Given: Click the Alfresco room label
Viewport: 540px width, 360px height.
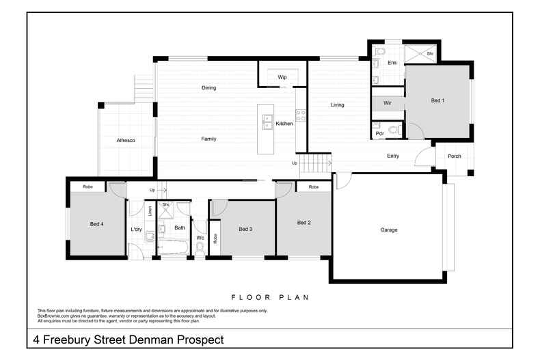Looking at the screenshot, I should (126, 140).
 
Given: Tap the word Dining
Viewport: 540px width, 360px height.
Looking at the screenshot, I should (208, 88).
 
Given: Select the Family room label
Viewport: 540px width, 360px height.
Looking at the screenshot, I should (208, 139).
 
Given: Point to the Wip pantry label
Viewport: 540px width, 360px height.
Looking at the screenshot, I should (282, 77).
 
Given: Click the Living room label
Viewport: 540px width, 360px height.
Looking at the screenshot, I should (337, 105).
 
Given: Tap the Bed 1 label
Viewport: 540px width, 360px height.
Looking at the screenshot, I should (437, 100).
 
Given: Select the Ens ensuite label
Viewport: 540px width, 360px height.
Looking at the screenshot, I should (392, 63).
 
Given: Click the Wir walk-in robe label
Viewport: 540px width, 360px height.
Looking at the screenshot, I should (387, 102).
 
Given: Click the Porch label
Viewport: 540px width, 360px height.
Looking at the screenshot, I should (454, 156).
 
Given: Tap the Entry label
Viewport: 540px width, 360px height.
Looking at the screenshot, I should (392, 156).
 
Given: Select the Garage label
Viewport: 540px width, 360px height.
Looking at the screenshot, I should (388, 230).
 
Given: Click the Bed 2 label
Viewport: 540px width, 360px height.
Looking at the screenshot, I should (304, 223).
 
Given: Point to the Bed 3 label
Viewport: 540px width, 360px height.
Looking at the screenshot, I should (245, 229).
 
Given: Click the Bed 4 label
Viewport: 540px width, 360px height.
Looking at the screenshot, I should (96, 223).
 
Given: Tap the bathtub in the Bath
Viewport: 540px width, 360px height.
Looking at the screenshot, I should (173, 247).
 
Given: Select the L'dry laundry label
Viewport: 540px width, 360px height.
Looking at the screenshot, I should (136, 229).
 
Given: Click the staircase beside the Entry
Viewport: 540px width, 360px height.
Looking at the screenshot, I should (316, 164).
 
